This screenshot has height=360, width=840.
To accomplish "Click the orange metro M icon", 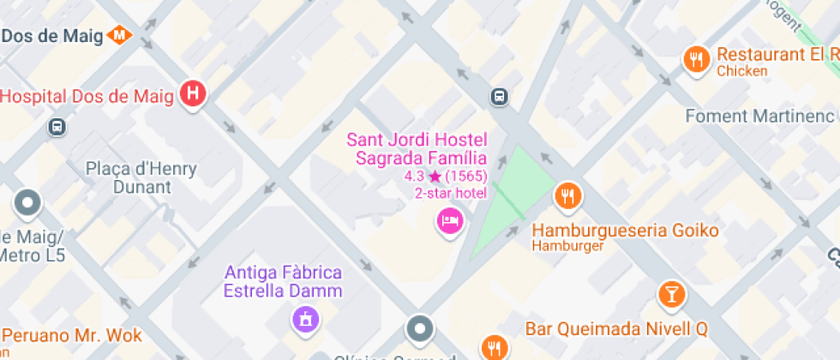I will click(120, 35).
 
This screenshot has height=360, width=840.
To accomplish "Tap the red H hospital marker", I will click(194, 94).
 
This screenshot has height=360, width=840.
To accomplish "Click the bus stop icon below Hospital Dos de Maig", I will click(57, 126).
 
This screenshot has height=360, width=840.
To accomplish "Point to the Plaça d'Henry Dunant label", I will click(141, 178).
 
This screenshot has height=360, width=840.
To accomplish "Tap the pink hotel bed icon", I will click(449, 221).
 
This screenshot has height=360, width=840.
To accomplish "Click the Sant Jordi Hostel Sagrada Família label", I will click(416, 148).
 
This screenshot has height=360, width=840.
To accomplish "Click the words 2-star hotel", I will click(451, 193).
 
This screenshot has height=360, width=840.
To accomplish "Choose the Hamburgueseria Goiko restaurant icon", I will click(567, 197).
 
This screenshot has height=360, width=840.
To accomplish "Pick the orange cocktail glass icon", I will click(672, 294).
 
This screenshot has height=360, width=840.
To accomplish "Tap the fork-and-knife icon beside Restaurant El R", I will click(696, 59).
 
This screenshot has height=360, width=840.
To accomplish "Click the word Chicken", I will click(741, 71).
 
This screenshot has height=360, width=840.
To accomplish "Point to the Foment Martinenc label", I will click(759, 116).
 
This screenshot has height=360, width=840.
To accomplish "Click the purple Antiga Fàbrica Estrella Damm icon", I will click(304, 321).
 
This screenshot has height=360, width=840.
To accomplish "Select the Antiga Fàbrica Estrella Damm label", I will click(283, 281).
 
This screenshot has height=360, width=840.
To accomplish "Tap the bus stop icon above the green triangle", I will click(499, 96).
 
